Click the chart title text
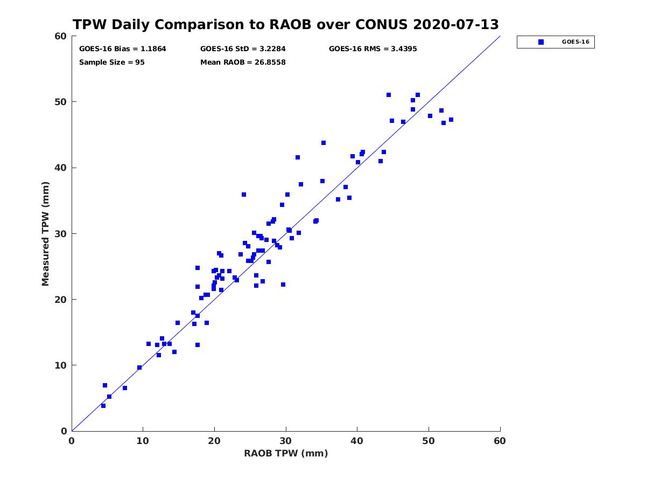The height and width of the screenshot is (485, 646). click(x=285, y=24)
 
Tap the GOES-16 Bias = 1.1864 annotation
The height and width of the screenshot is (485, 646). click(x=122, y=49)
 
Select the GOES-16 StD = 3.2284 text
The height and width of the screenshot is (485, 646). click(x=243, y=49)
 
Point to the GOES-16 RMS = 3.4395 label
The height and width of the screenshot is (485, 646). click(x=373, y=49)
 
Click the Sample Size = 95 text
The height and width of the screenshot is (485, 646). click(x=112, y=63)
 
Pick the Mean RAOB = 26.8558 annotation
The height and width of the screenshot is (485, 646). click(x=243, y=63)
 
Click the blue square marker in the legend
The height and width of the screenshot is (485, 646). click(x=541, y=42)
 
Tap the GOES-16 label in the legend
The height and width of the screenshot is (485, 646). click(x=575, y=42)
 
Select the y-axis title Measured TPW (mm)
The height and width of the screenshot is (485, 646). click(x=45, y=234)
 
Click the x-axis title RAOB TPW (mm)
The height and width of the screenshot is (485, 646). click(x=286, y=453)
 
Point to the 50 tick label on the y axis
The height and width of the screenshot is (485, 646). click(x=61, y=102)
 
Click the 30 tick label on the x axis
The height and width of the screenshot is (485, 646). click(x=285, y=441)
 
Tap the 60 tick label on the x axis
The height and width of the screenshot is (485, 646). click(x=500, y=441)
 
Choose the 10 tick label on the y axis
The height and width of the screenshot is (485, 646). click(x=61, y=365)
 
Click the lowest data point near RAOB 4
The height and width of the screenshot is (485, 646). click(x=103, y=406)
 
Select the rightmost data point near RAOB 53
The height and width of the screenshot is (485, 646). click(x=451, y=120)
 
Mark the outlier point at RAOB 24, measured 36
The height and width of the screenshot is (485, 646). click(x=244, y=195)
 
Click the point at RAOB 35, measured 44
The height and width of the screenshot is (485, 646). click(x=324, y=143)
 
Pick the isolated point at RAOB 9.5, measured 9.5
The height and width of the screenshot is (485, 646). click(x=139, y=368)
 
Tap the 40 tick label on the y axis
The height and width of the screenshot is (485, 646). click(x=61, y=168)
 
